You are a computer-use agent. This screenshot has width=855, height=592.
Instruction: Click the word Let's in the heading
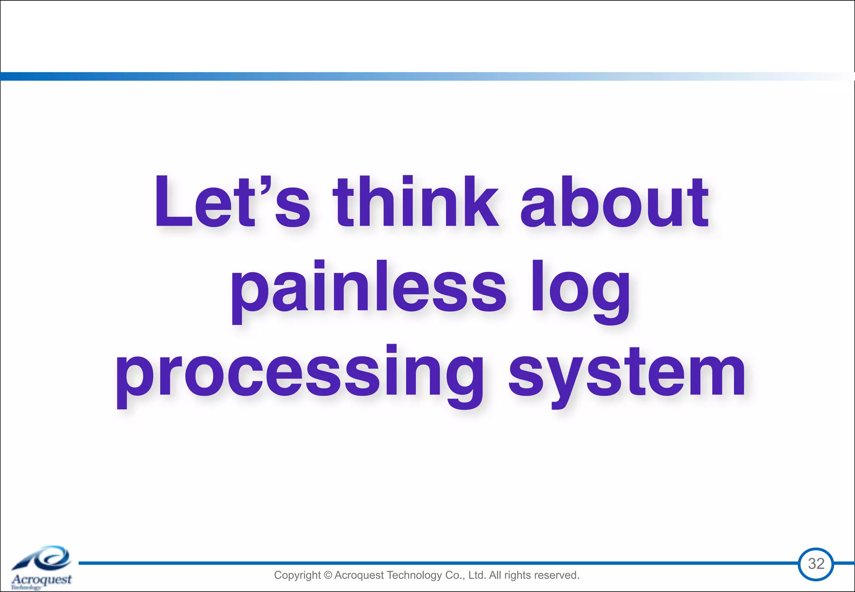tap(232, 202)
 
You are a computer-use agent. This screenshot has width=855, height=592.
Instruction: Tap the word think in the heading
tap(416, 202)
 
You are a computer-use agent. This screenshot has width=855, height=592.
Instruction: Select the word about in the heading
tap(614, 202)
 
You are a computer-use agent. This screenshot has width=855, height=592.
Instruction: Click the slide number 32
tap(816, 564)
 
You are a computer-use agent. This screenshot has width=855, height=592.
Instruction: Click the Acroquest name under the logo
tap(42, 579)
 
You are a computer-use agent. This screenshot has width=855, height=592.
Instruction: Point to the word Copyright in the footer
tap(297, 575)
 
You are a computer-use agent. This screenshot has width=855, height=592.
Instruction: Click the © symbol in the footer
tap(328, 575)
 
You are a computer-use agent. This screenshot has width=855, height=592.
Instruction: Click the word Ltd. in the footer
tap(477, 575)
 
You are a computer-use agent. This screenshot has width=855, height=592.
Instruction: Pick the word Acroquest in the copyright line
tap(359, 575)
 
